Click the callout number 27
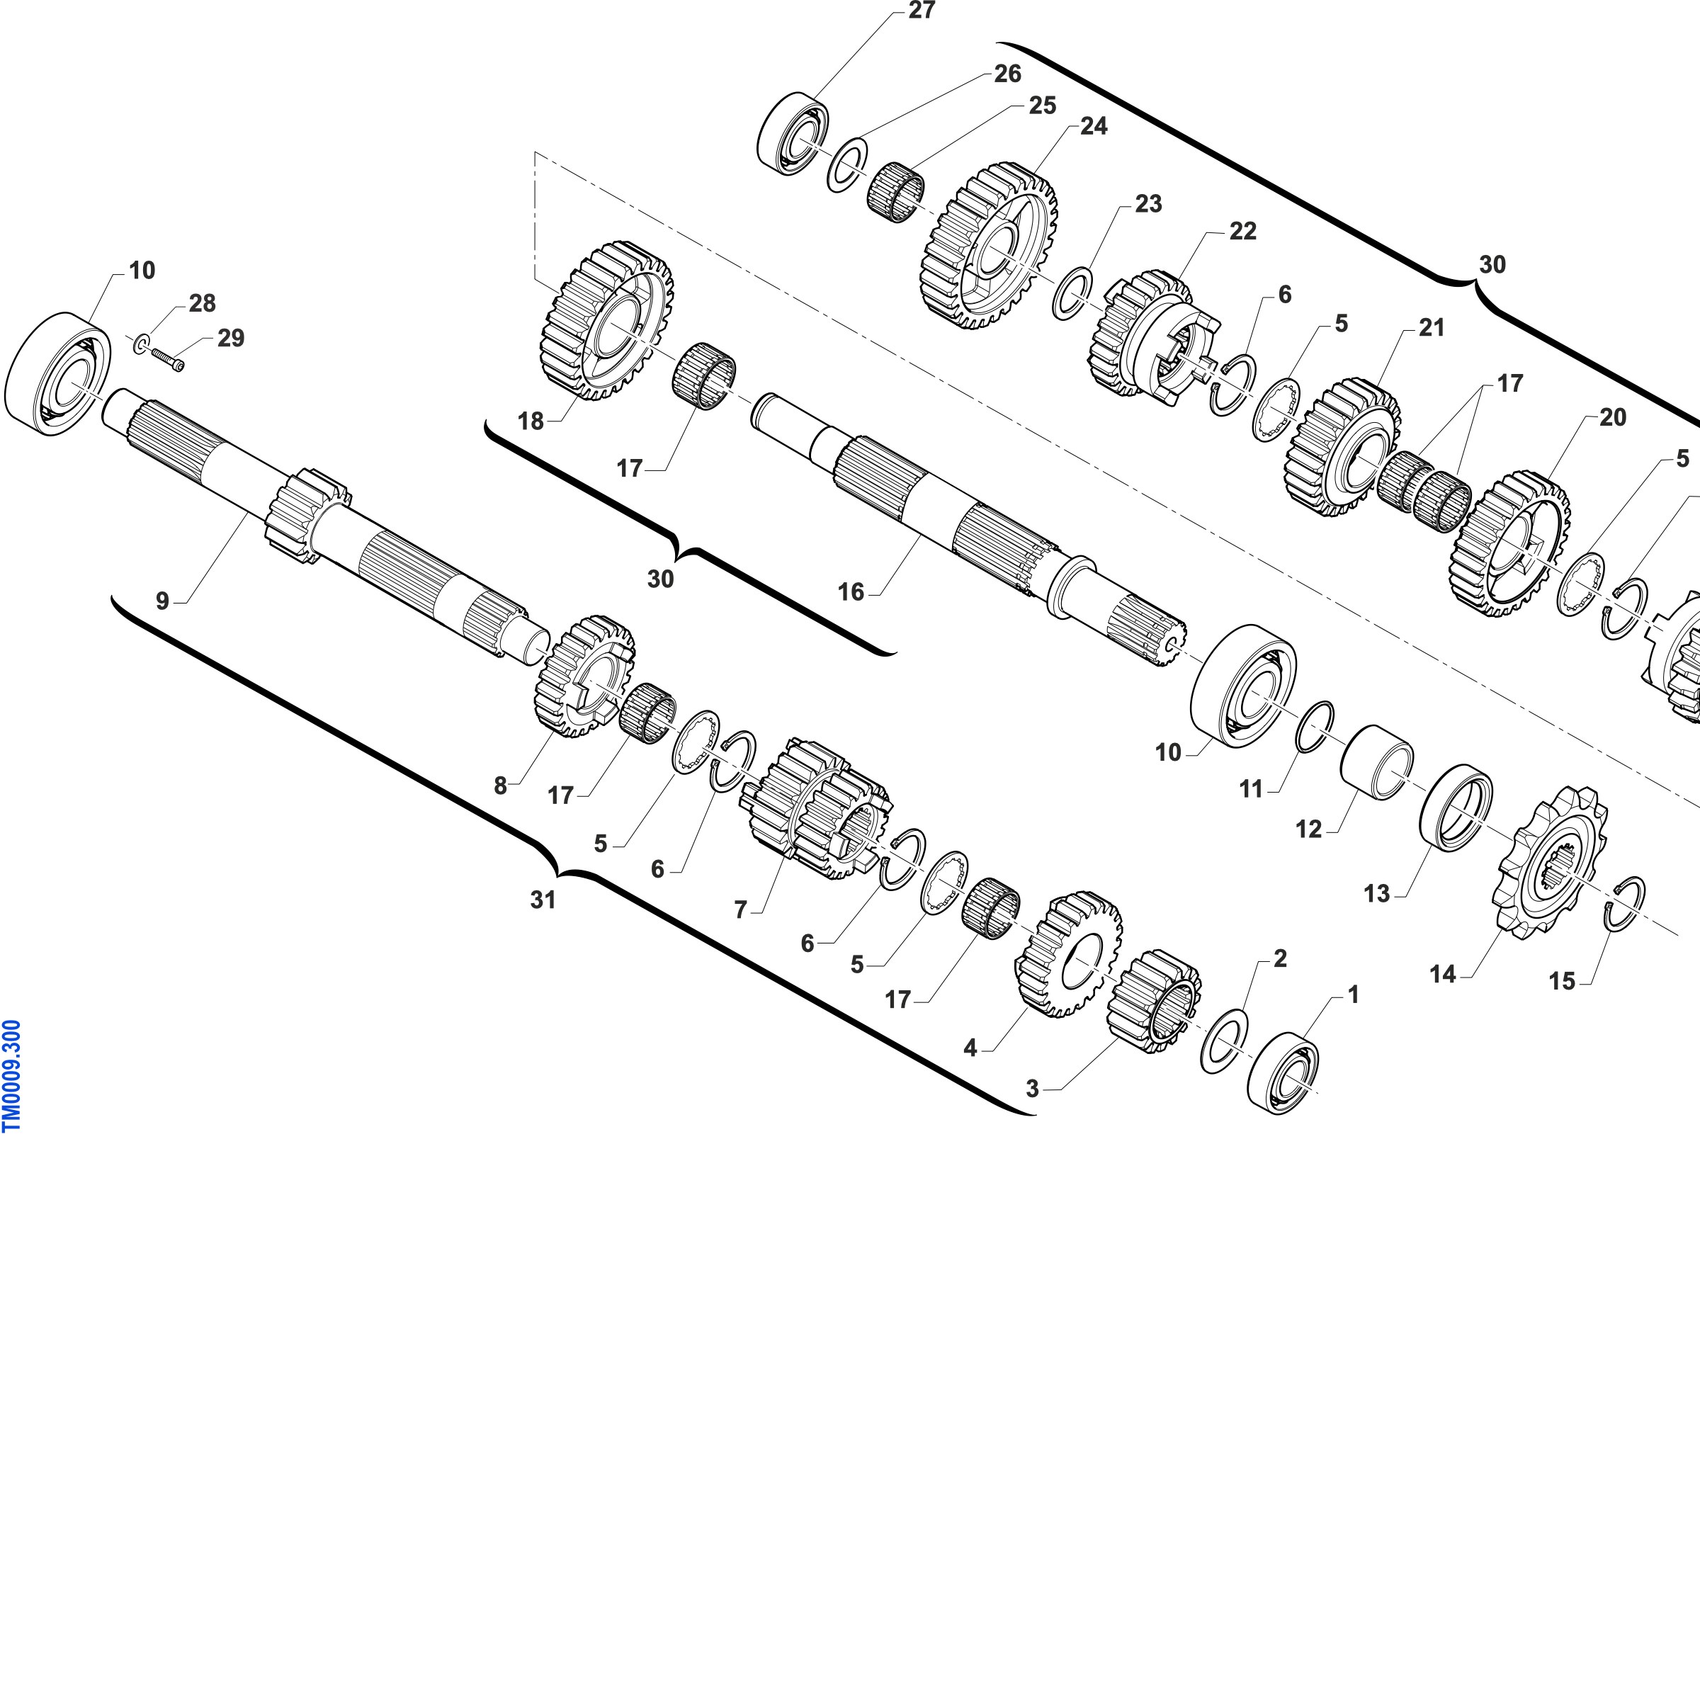click(922, 11)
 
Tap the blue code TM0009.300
click(12, 1076)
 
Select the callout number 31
click(543, 900)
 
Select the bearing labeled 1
click(1283, 1072)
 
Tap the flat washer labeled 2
click(1224, 1042)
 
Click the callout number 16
click(851, 592)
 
